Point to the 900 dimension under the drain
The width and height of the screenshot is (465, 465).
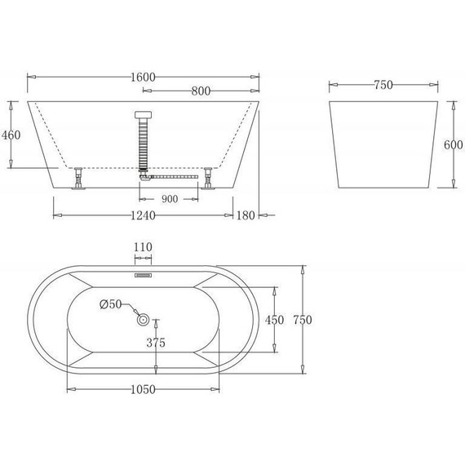170,198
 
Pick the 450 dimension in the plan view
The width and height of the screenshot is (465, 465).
275,320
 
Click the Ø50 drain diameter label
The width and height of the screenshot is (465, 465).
110,304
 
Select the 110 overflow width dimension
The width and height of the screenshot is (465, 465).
144,246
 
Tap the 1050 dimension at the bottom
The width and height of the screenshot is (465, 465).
144,389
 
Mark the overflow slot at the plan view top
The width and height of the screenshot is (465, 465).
144,276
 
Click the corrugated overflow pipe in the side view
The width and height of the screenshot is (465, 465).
144,143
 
